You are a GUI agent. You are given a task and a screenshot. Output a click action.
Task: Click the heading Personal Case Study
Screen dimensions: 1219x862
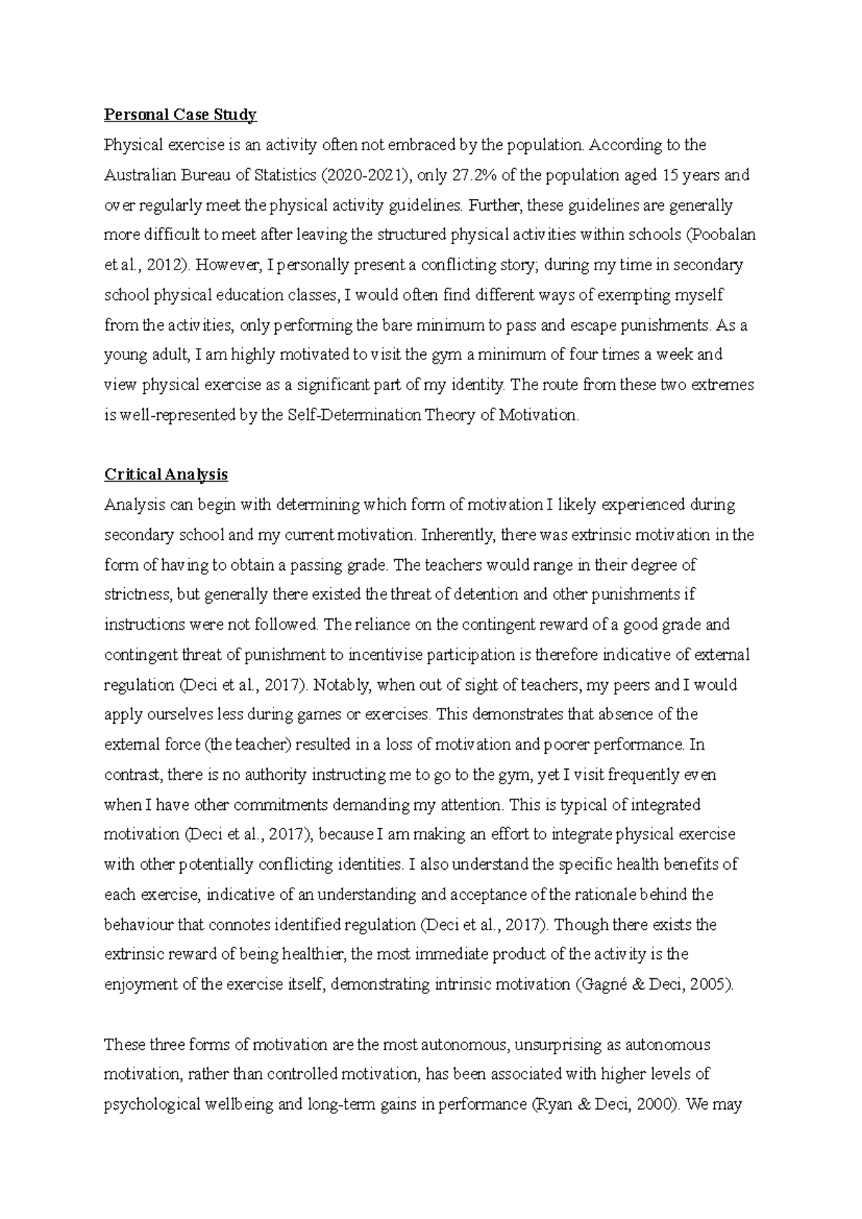[180, 115]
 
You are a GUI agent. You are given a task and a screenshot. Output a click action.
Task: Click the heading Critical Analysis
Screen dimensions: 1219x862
[166, 474]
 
